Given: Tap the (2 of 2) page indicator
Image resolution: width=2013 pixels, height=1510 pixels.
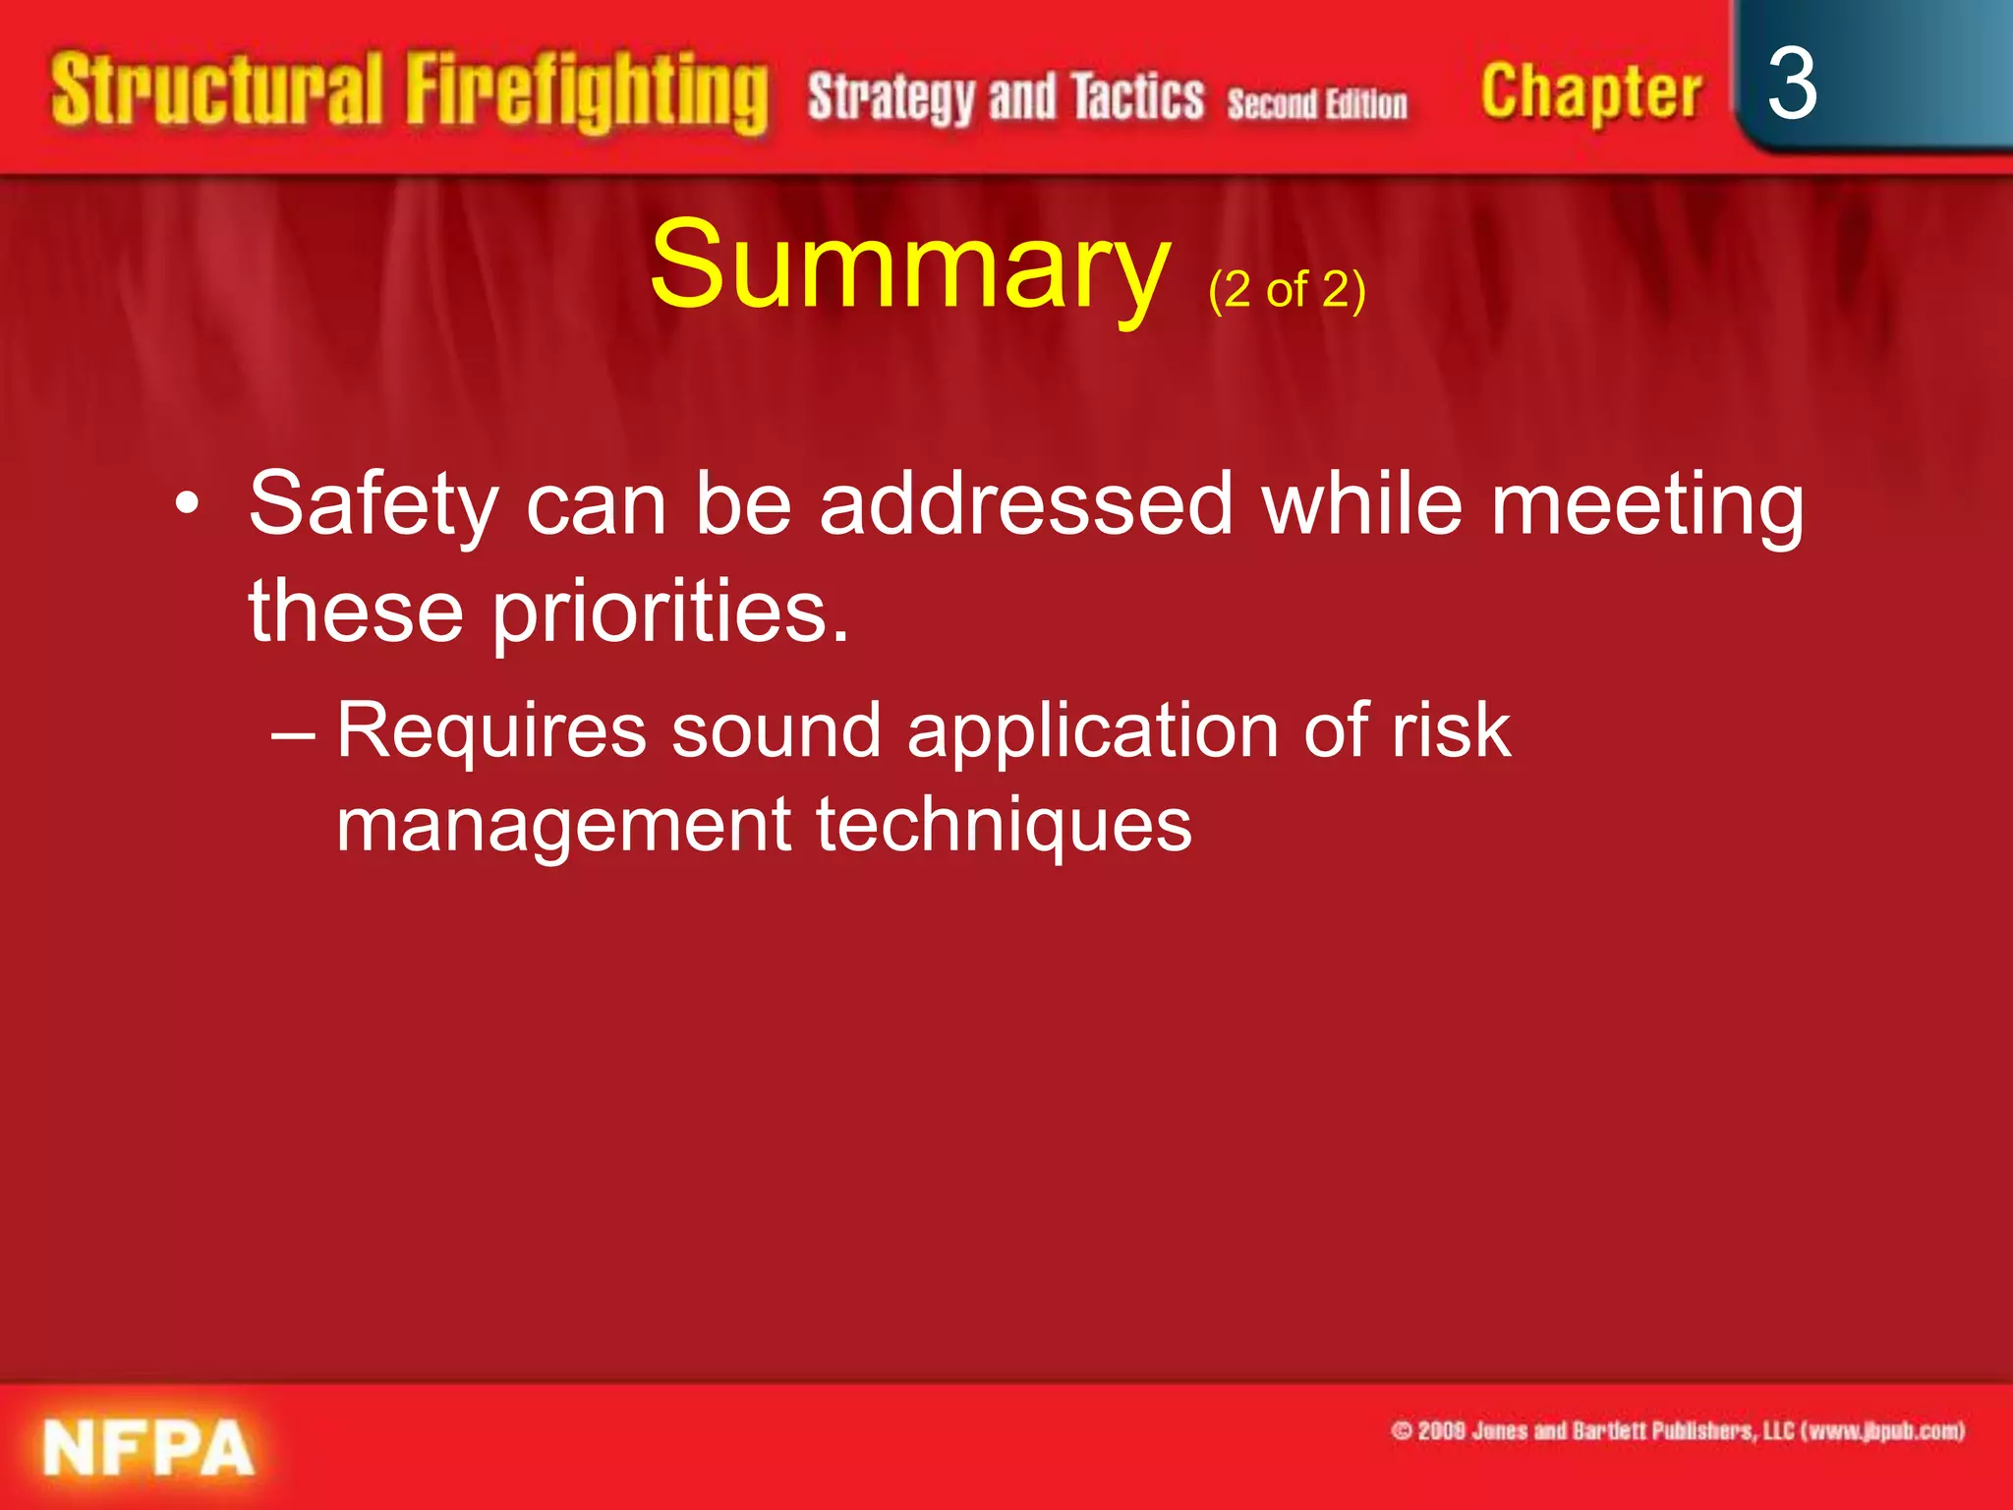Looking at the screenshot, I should tap(1287, 290).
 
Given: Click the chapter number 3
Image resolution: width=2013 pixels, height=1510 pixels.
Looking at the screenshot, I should tap(1792, 85).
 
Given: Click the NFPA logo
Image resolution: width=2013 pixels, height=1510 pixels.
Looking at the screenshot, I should tap(148, 1448).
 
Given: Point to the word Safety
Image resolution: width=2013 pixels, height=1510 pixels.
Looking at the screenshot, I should tap(374, 505).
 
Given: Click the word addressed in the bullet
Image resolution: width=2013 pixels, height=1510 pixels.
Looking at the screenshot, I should tap(1026, 503).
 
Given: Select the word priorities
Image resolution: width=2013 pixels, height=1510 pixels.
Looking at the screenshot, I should tap(670, 611).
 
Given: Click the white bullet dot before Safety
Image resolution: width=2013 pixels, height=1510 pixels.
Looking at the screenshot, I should tap(187, 504).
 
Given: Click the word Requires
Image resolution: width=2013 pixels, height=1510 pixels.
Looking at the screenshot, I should tap(491, 732).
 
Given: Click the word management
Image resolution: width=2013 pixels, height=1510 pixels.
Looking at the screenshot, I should tap(563, 826).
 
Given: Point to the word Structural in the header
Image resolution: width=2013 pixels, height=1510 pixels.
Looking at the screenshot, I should tap(216, 90).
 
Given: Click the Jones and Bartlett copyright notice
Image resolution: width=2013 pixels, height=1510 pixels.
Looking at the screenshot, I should tap(1677, 1430).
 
